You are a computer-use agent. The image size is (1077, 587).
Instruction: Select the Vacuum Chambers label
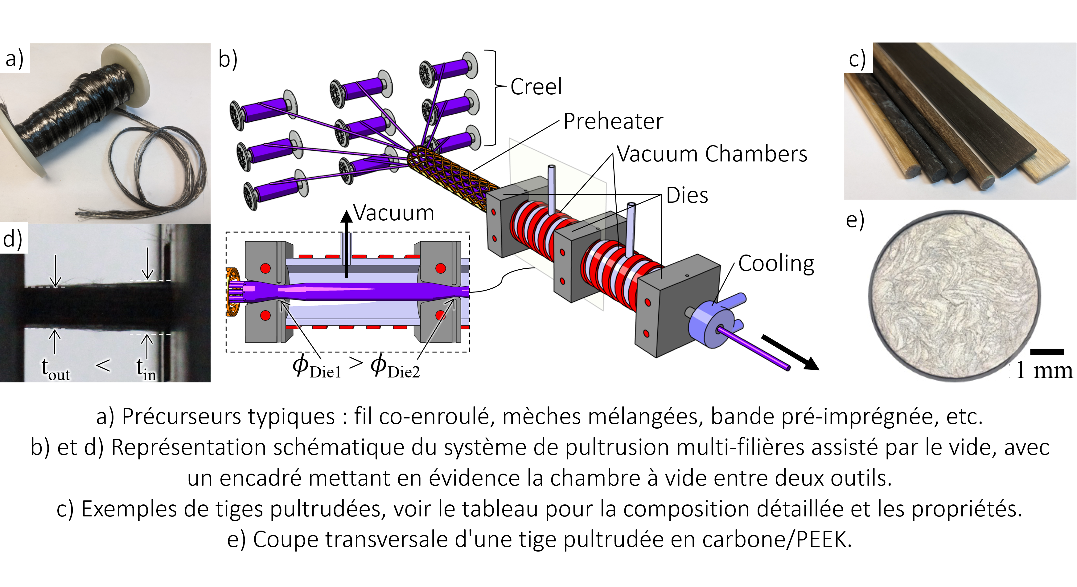(x=712, y=154)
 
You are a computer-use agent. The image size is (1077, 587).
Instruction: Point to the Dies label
(x=687, y=195)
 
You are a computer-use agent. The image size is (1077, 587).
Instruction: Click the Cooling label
(x=776, y=264)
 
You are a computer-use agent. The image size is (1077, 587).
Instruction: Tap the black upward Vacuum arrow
(x=346, y=244)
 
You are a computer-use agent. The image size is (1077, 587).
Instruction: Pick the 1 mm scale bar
(x=1047, y=352)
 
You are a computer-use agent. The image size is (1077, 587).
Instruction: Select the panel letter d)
(x=13, y=239)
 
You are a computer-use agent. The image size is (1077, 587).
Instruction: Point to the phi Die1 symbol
(x=316, y=366)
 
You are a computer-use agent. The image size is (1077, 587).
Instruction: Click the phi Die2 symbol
(x=395, y=366)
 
